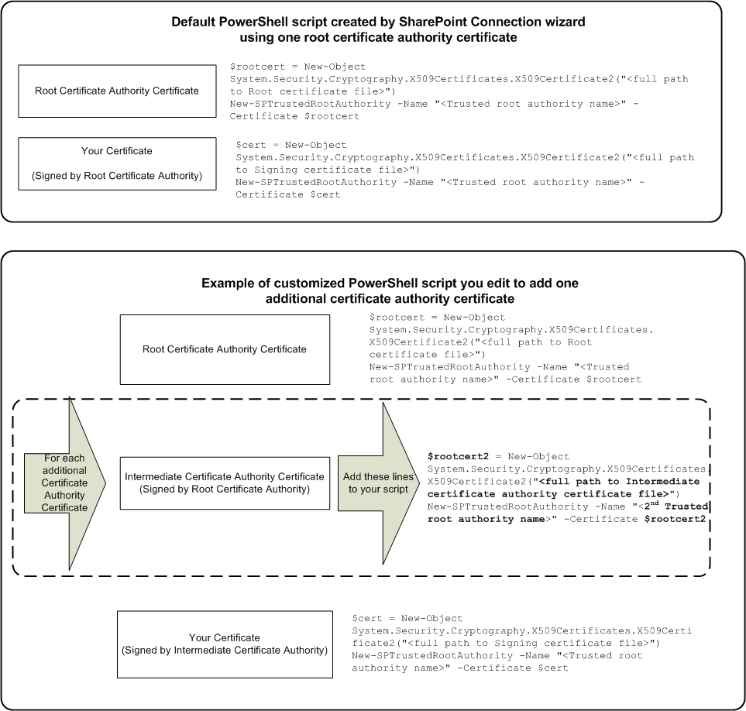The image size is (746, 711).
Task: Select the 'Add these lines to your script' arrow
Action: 378,483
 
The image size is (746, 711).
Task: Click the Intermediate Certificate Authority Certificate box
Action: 224,483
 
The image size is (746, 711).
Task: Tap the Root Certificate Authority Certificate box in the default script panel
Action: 117,91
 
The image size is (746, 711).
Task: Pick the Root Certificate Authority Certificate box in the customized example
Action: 225,349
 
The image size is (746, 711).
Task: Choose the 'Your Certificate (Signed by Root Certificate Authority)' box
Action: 117,163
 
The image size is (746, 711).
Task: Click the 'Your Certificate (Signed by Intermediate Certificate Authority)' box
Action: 224,644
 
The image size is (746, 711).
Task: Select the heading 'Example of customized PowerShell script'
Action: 390,283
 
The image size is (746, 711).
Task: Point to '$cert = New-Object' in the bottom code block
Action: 407,619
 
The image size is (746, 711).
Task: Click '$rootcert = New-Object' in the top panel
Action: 297,67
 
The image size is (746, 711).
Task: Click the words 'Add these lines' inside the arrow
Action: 378,476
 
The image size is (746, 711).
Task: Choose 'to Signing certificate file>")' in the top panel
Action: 327,170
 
